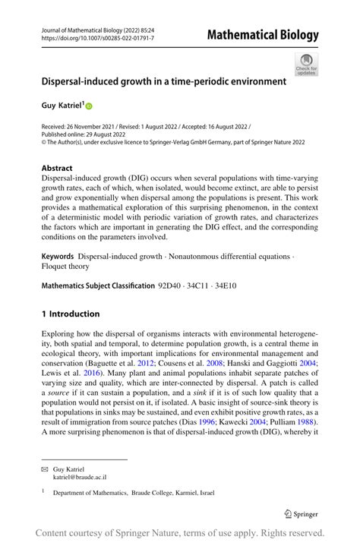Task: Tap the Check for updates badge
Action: tap(306, 65)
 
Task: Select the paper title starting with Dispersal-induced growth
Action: tap(163, 80)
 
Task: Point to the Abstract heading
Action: tap(57, 168)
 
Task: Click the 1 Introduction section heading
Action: tap(71, 314)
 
